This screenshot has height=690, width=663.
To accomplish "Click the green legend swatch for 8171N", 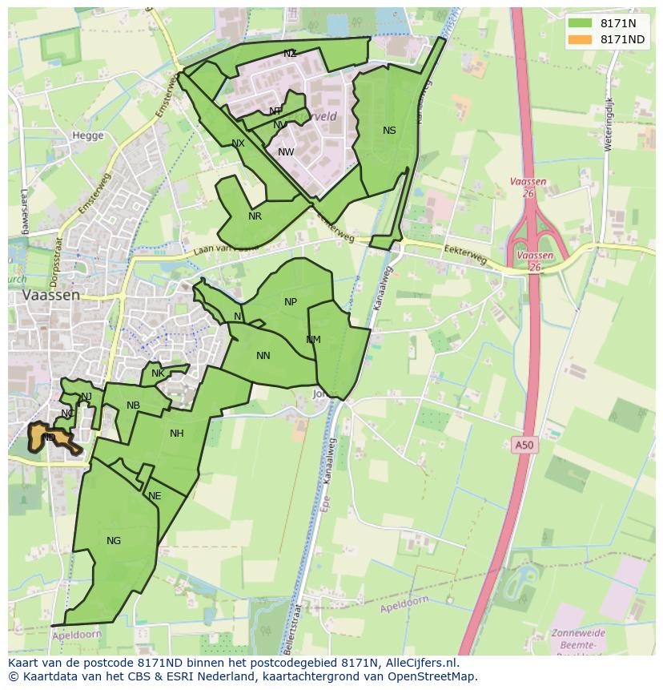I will tap(580, 23).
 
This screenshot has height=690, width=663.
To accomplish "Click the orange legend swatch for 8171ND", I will tap(580, 39).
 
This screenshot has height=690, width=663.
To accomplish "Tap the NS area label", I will tap(389, 131).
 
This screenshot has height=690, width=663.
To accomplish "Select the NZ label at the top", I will tap(290, 54).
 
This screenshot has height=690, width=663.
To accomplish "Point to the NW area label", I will tap(286, 152).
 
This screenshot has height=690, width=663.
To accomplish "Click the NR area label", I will tap(255, 216).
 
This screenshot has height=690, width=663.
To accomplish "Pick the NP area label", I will tap(291, 302).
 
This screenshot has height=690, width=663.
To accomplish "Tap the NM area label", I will tap(313, 340).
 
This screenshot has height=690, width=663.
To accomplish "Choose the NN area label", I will tap(263, 356).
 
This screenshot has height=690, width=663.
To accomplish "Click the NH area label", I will tap(177, 434).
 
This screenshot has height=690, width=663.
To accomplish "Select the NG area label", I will tap(114, 541).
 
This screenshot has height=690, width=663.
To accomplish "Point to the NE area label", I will tap(155, 496).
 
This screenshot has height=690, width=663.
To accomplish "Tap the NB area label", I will tap(133, 406).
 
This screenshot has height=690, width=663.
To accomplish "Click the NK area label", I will tap(158, 373).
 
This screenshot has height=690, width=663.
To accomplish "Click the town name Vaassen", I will tap(52, 295).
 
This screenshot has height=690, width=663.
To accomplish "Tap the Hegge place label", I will tap(88, 135).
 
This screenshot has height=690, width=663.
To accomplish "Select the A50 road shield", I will tap(522, 443).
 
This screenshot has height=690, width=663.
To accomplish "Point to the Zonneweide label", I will tap(578, 633).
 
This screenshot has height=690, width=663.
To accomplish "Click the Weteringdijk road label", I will tap(609, 124).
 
